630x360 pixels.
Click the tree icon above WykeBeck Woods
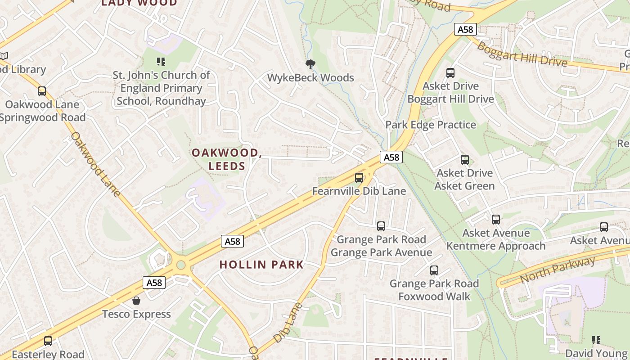(x=310, y=64)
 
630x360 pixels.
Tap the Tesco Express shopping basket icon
(x=136, y=301)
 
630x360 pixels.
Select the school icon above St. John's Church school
(x=161, y=62)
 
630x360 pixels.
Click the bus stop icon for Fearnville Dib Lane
(x=359, y=178)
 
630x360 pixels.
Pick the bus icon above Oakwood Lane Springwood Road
(x=42, y=91)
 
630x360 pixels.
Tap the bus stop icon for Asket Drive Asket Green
(x=465, y=160)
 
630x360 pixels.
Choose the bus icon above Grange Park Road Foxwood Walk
(x=434, y=270)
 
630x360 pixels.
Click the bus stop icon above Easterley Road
(x=48, y=341)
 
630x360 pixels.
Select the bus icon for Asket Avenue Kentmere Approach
(x=496, y=220)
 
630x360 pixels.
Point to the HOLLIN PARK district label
(x=261, y=265)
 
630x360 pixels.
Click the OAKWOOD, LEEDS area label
(x=227, y=159)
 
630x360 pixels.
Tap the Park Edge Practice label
(x=431, y=125)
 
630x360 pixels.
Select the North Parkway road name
(x=558, y=270)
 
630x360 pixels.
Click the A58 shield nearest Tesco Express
(x=154, y=283)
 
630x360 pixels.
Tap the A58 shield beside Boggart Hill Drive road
(x=465, y=30)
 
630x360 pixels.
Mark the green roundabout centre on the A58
(x=181, y=265)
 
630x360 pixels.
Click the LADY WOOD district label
(x=139, y=3)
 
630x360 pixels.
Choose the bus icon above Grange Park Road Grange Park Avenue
(x=381, y=226)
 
